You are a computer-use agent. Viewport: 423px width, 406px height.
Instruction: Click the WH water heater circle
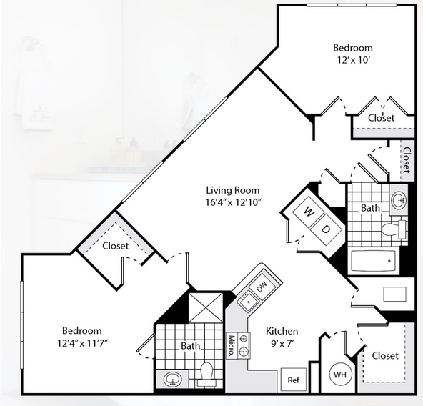341,375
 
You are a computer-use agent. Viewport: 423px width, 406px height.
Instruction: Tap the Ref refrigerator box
294,380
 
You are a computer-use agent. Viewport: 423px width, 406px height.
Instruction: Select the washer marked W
309,212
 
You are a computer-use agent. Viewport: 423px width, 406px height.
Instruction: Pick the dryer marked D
326,229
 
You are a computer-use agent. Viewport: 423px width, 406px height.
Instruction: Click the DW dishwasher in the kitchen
261,287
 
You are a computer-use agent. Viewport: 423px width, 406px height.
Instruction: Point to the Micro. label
232,346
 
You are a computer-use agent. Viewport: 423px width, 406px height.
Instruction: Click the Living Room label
233,190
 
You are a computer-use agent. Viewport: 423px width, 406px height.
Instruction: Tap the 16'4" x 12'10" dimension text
234,202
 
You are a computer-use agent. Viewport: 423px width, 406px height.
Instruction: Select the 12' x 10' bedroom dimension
353,60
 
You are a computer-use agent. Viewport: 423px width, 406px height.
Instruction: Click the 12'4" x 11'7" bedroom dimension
83,343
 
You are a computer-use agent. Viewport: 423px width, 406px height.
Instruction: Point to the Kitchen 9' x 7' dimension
282,343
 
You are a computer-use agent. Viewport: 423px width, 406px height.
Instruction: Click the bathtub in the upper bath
375,261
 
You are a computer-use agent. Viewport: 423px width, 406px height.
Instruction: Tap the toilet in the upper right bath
394,229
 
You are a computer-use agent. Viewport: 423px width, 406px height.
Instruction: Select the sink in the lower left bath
173,380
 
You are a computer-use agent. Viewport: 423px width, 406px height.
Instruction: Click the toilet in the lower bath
207,374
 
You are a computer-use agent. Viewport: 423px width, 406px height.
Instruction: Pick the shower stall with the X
206,307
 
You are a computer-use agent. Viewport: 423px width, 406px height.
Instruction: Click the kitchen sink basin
248,302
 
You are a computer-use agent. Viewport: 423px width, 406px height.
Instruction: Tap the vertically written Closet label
407,160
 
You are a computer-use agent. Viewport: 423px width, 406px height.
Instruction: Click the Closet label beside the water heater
385,356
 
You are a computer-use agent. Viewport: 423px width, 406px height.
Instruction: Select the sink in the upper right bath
399,200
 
